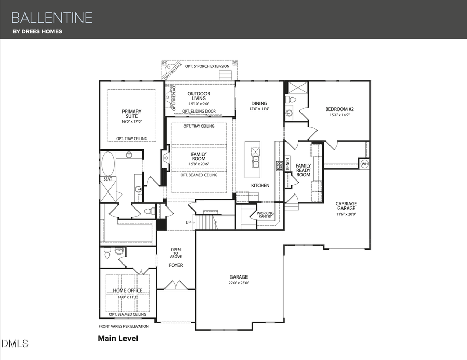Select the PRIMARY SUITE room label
click(131, 114)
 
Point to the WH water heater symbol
click(364, 163)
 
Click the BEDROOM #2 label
click(339, 109)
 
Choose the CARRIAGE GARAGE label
click(346, 206)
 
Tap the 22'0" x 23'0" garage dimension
click(239, 283)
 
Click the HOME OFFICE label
click(128, 290)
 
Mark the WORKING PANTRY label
click(265, 215)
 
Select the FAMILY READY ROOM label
click(303, 170)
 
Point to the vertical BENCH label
click(287, 164)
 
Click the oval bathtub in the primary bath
click(108, 164)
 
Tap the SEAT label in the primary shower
click(107, 179)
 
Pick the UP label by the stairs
click(189, 223)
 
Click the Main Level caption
click(118, 338)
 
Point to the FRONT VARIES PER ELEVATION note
click(123, 326)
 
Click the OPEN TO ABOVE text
click(176, 253)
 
